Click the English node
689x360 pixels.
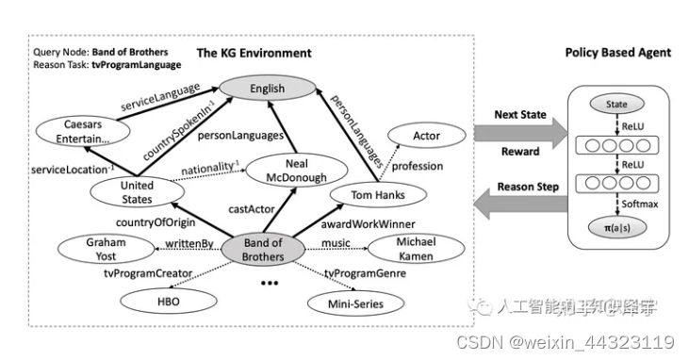[x=267, y=90]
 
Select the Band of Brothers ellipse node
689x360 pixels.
[x=262, y=249]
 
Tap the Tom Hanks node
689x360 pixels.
[x=369, y=195]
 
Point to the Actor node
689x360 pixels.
[x=427, y=137]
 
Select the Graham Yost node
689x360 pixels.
[x=107, y=248]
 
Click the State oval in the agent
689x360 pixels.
[x=615, y=105]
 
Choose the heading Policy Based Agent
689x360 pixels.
[x=617, y=53]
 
